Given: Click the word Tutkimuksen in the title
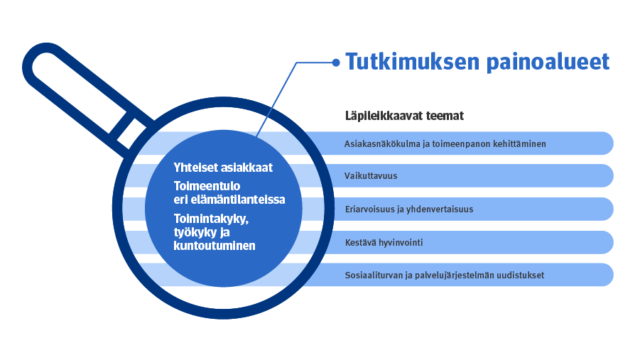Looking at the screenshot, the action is pyautogui.click(x=413, y=62).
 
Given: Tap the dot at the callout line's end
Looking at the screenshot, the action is pyautogui.click(x=336, y=62).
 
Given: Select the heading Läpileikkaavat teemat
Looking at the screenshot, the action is pyautogui.click(x=404, y=116).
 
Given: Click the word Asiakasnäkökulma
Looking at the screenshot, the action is pyautogui.click(x=382, y=143).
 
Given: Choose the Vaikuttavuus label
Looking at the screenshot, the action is pyautogui.click(x=371, y=176).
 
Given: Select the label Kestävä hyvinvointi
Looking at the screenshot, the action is pyautogui.click(x=384, y=242).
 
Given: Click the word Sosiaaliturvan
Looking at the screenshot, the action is pyautogui.click(x=374, y=275).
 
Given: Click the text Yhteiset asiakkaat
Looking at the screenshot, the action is pyautogui.click(x=223, y=168).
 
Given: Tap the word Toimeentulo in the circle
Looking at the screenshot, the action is pyautogui.click(x=207, y=186).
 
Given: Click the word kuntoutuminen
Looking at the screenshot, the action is pyautogui.click(x=215, y=246).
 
